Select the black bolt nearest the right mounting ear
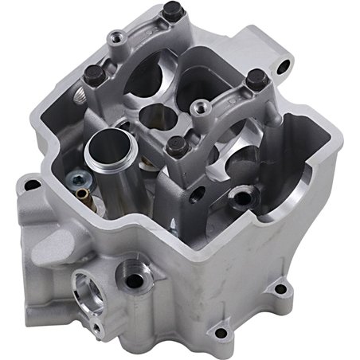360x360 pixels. tap(256, 80)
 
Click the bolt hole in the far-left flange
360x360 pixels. tap(32, 185)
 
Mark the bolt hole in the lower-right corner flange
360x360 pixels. tap(278, 290)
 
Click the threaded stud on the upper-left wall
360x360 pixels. tap(83, 96)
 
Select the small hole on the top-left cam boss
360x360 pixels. tap(118, 37)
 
